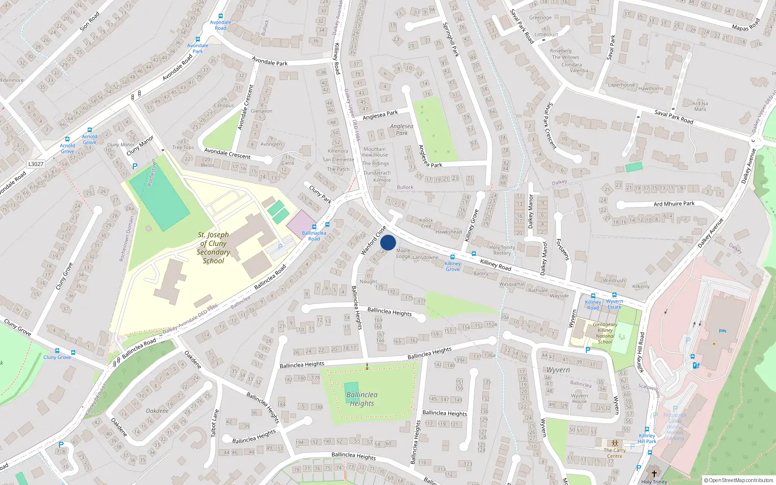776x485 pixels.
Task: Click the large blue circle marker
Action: (x=388, y=242)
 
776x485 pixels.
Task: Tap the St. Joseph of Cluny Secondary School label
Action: (x=213, y=247)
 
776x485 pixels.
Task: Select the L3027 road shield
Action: (x=36, y=164)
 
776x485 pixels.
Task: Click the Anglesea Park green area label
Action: (x=402, y=129)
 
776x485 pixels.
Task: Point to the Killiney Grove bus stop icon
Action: (x=453, y=257)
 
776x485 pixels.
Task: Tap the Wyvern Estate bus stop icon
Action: (x=614, y=295)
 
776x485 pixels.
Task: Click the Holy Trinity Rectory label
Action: (x=502, y=250)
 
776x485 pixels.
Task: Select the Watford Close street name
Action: (x=373, y=241)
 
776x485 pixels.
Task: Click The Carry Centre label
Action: (x=614, y=453)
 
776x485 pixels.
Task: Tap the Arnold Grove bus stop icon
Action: (x=90, y=130)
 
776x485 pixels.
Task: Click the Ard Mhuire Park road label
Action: (x=674, y=204)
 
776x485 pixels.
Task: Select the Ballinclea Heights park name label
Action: (x=362, y=399)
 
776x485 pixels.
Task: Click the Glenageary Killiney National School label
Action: (x=605, y=333)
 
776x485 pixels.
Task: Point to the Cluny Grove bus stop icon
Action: (x=57, y=351)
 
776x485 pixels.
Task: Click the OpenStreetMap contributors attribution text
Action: (x=738, y=480)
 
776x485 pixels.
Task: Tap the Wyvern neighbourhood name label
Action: (x=558, y=370)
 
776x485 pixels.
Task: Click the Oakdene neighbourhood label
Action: (x=157, y=411)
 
